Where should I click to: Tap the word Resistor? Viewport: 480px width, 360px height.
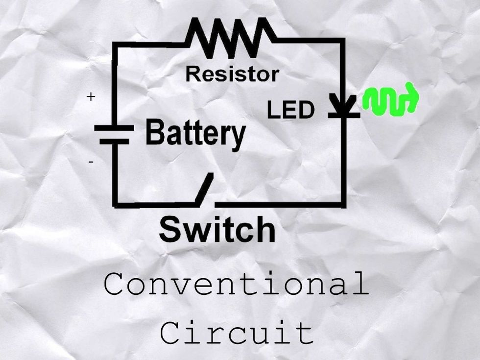pos(232,74)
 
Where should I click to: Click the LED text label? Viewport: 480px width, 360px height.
pos(290,111)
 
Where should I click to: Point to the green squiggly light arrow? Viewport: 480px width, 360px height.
pos(390,100)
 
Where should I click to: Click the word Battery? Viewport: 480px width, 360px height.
pos(195,133)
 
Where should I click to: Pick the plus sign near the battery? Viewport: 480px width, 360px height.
pos(91,97)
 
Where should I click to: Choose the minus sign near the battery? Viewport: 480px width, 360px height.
pos(91,161)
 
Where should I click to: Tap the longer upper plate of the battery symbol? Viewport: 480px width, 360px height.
pos(114,128)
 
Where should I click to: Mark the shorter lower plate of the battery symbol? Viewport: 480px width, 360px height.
pos(114,142)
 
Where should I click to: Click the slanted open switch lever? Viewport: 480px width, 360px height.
pos(204,189)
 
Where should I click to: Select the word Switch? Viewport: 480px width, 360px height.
pos(217,230)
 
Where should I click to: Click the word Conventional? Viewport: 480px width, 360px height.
pos(236,285)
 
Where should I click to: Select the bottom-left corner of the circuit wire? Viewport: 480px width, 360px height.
pos(116,202)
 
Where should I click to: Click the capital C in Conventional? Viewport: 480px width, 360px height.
pos(114,285)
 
